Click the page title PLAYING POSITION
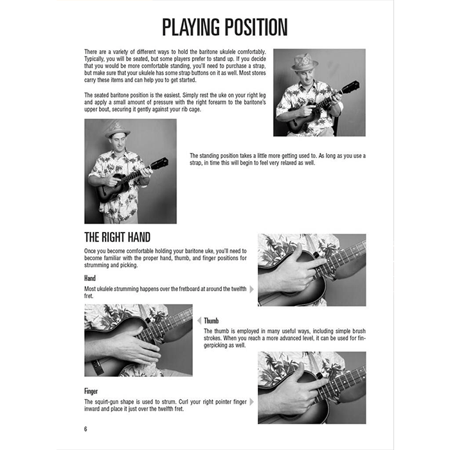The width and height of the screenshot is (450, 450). coord(224,28)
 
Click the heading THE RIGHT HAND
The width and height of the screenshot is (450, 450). coord(118,237)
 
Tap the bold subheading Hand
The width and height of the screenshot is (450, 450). coord(90,278)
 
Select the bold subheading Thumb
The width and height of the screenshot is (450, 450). coord(213,320)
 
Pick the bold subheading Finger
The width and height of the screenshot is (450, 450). coord(91,390)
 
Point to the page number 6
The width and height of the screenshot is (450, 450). coord(85,429)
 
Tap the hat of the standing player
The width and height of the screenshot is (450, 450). coord(117,130)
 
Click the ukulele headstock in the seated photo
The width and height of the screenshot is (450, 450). coord(350,87)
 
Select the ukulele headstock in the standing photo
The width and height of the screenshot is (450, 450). coord(159,164)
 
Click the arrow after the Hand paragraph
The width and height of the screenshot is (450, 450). coord(252,289)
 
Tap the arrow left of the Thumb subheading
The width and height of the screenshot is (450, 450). coord(199,320)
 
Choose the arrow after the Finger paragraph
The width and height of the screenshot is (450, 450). coord(252,402)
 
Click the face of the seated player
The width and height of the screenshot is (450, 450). coord(305,74)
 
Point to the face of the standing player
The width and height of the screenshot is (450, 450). coord(118,143)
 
